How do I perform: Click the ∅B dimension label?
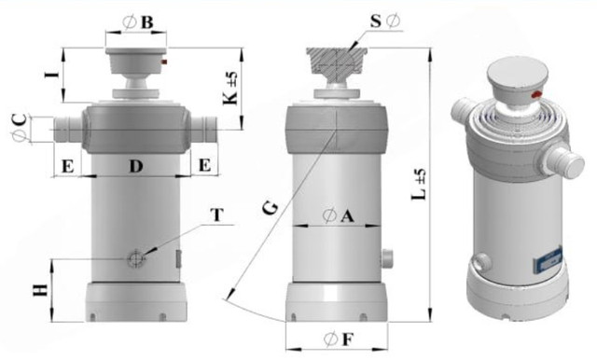(x=138, y=22)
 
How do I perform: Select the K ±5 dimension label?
(x=230, y=89)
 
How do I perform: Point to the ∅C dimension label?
(x=20, y=128)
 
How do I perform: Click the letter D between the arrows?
(x=136, y=166)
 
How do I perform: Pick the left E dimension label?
(x=68, y=166)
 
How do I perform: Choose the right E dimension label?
(x=205, y=165)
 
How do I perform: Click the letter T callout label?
(x=217, y=215)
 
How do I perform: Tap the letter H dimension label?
(x=40, y=290)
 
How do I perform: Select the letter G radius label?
(x=271, y=209)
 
